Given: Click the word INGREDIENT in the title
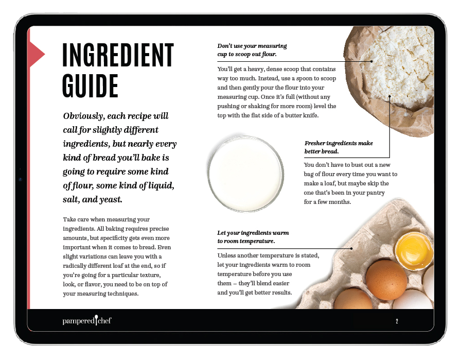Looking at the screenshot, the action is pos(118,55).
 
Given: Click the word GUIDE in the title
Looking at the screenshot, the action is pos(90,85).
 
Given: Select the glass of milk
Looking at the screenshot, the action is pos(246,173).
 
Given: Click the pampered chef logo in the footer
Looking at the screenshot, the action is pos(87,320).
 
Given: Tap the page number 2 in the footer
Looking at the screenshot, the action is pos(397,321).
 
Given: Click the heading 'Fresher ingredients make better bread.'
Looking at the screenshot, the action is pos(339,147).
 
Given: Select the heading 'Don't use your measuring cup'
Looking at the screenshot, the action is pos(252,50).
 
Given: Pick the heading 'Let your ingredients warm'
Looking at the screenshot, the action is pos(253,237).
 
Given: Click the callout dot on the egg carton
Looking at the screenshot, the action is pos(351,248).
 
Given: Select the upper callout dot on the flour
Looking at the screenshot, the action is pos(371,61).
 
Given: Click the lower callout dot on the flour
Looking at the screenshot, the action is pos(389,96).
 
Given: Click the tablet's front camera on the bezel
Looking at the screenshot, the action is pos(20,179).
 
